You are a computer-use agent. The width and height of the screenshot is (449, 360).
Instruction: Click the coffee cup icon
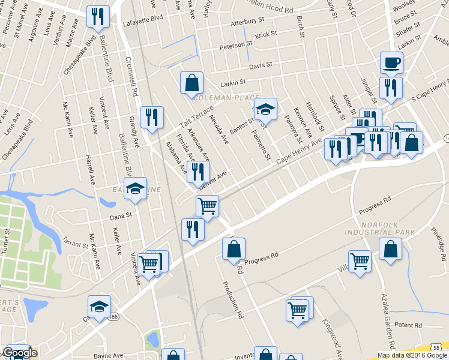click(391, 62)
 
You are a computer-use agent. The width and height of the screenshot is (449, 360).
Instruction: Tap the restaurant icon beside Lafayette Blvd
click(97, 16)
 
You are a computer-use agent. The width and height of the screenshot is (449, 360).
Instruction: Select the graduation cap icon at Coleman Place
click(265, 110)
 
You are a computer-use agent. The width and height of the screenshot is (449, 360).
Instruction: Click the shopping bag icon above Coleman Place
click(191, 83)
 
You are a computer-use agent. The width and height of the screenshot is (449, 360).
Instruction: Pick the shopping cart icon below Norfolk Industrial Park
click(360, 262)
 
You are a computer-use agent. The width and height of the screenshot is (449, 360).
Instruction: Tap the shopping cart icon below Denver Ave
click(207, 206)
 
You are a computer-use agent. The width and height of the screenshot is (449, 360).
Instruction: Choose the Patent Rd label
click(409, 325)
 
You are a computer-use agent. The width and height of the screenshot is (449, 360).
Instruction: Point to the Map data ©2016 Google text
click(412, 355)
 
